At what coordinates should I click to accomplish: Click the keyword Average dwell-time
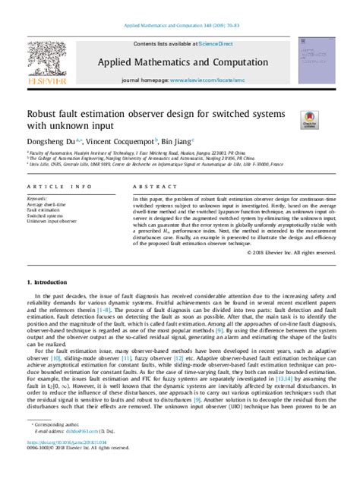pyautogui.click(x=46, y=204)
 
